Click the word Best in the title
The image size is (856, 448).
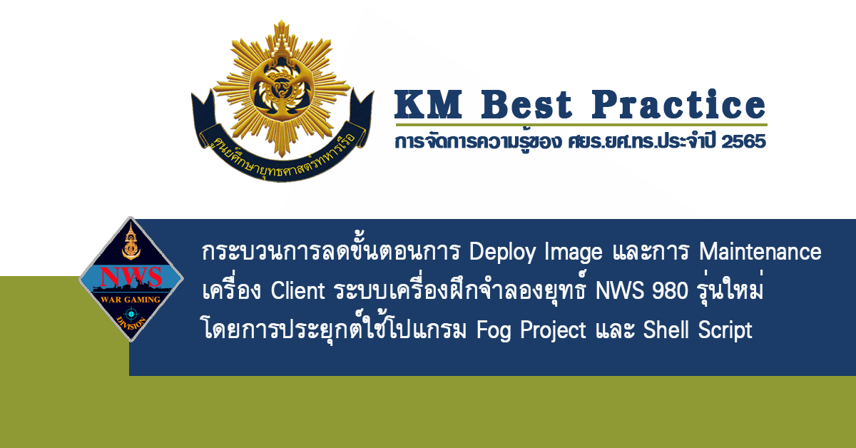526,104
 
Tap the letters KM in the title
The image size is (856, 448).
429,104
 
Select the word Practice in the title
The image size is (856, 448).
678,103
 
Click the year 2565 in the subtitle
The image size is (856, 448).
743,141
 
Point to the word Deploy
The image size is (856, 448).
502,253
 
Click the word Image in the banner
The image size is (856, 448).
574,253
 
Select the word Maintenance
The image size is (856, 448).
760,252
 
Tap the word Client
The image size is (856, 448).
297,290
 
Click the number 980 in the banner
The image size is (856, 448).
670,291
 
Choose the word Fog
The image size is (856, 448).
494,331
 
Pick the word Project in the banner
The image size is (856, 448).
553,331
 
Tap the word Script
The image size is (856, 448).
725,331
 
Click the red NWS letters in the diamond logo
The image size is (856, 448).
131,277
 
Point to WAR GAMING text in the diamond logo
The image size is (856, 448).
131,300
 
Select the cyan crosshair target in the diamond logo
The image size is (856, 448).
131,314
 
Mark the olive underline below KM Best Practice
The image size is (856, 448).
581,125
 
